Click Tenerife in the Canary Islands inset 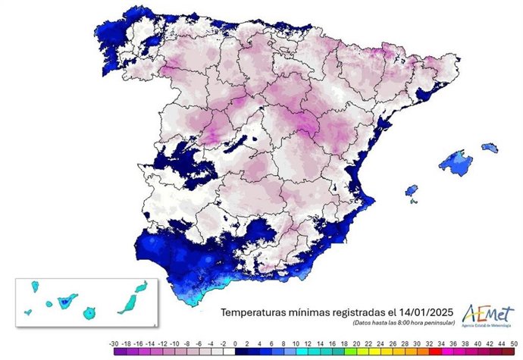[65, 302]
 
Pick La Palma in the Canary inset [33, 286]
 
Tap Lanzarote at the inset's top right [141, 286]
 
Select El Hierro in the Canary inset [27, 311]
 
